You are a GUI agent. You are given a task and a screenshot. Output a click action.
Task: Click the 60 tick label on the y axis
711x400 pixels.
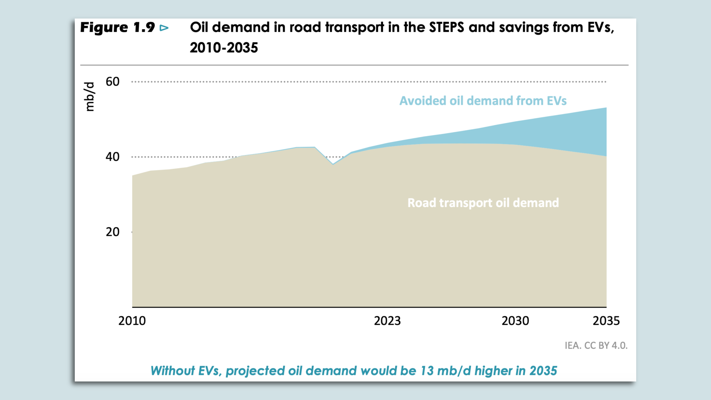click(113, 81)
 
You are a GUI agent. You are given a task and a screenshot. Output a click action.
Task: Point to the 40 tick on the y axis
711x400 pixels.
click(113, 157)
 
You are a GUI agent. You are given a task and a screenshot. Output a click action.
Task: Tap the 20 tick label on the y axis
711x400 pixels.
click(113, 232)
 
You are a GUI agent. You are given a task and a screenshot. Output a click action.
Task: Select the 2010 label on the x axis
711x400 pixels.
click(132, 321)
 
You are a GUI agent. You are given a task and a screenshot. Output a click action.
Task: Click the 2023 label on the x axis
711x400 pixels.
click(387, 321)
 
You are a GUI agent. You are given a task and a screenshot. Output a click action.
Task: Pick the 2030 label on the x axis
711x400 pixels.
click(515, 321)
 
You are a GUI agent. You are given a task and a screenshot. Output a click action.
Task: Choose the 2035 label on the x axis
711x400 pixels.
click(606, 321)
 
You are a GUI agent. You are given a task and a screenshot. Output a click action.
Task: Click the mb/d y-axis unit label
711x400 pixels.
click(89, 97)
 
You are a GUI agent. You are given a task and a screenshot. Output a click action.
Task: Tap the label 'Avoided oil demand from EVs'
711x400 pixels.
click(483, 101)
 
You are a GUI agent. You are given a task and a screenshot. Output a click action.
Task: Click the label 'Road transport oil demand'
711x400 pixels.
click(483, 203)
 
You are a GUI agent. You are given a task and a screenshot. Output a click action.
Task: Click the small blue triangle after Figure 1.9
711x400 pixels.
click(164, 28)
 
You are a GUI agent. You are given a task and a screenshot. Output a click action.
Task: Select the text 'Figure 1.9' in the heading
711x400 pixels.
click(117, 27)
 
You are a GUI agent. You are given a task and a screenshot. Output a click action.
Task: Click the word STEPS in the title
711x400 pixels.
click(446, 27)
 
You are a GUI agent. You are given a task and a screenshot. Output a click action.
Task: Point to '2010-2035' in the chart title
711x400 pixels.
click(224, 48)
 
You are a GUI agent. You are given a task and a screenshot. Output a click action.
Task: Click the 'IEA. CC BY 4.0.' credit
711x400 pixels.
click(596, 346)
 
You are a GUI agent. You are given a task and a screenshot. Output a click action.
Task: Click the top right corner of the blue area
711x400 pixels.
click(605, 109)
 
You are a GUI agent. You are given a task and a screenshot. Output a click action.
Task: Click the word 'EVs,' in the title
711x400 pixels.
click(600, 27)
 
